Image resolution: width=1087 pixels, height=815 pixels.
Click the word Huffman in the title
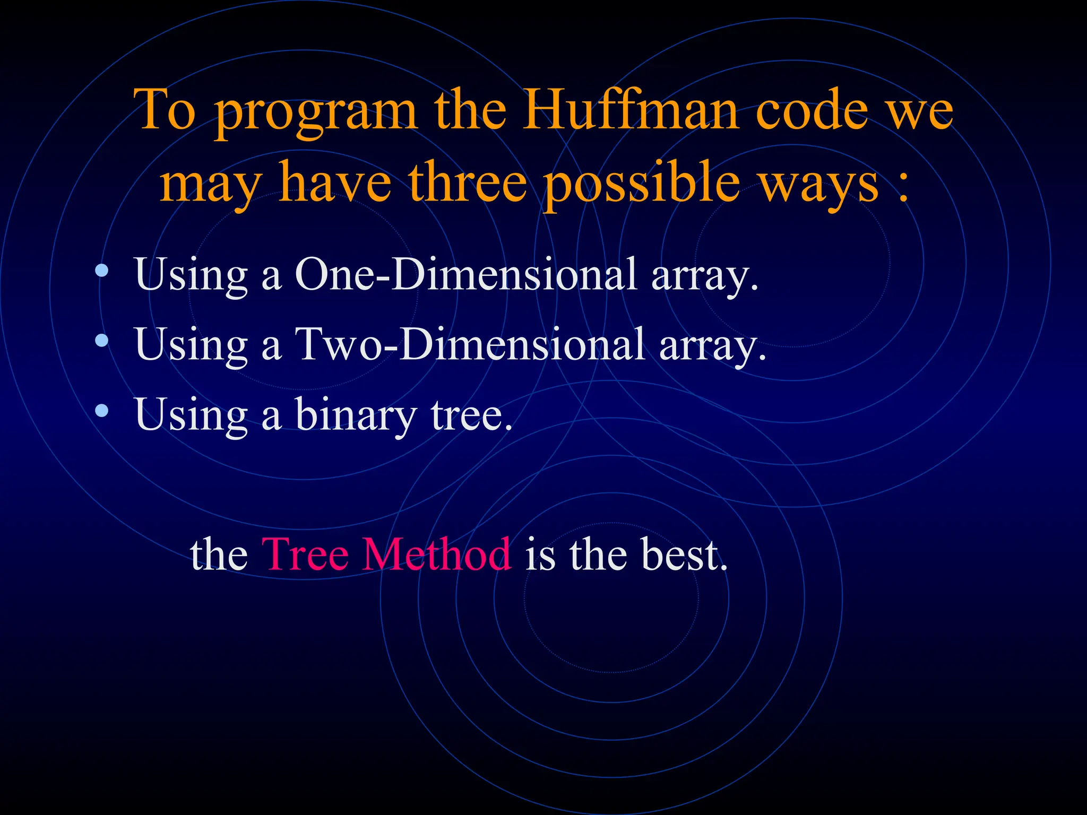pyautogui.click(x=630, y=110)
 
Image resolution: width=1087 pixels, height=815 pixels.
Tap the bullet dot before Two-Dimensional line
pyautogui.click(x=102, y=341)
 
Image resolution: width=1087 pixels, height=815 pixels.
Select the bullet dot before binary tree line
pyautogui.click(x=102, y=410)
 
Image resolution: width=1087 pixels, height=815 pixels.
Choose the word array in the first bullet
pyautogui.click(x=704, y=276)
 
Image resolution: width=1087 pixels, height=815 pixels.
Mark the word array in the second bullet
pyautogui.click(x=712, y=346)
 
